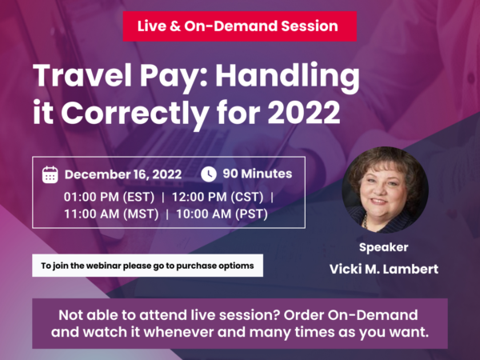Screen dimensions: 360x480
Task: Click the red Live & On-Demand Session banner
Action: tap(239, 26)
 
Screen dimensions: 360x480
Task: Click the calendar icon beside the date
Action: tap(50, 174)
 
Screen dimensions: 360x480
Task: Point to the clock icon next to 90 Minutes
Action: tap(209, 174)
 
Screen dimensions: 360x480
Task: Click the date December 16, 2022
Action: tap(123, 174)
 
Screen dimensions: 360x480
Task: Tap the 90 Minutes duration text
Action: tap(257, 174)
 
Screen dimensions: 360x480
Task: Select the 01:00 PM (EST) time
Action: tap(109, 195)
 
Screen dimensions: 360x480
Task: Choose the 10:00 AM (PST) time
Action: tap(222, 214)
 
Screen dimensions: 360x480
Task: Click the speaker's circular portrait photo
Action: tap(385, 189)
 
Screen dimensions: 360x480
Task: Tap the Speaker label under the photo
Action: tap(384, 247)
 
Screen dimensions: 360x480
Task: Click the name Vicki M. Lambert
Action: tap(384, 269)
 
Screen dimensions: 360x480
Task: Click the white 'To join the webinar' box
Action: tap(147, 265)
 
